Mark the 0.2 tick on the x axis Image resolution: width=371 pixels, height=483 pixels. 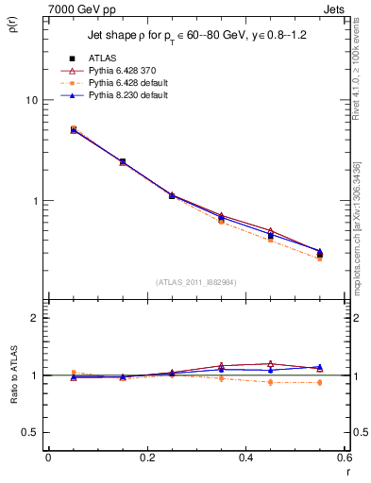pos(147,458)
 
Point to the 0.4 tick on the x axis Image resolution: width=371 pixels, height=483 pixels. pos(246,458)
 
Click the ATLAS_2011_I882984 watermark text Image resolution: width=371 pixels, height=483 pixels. pos(197,282)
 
